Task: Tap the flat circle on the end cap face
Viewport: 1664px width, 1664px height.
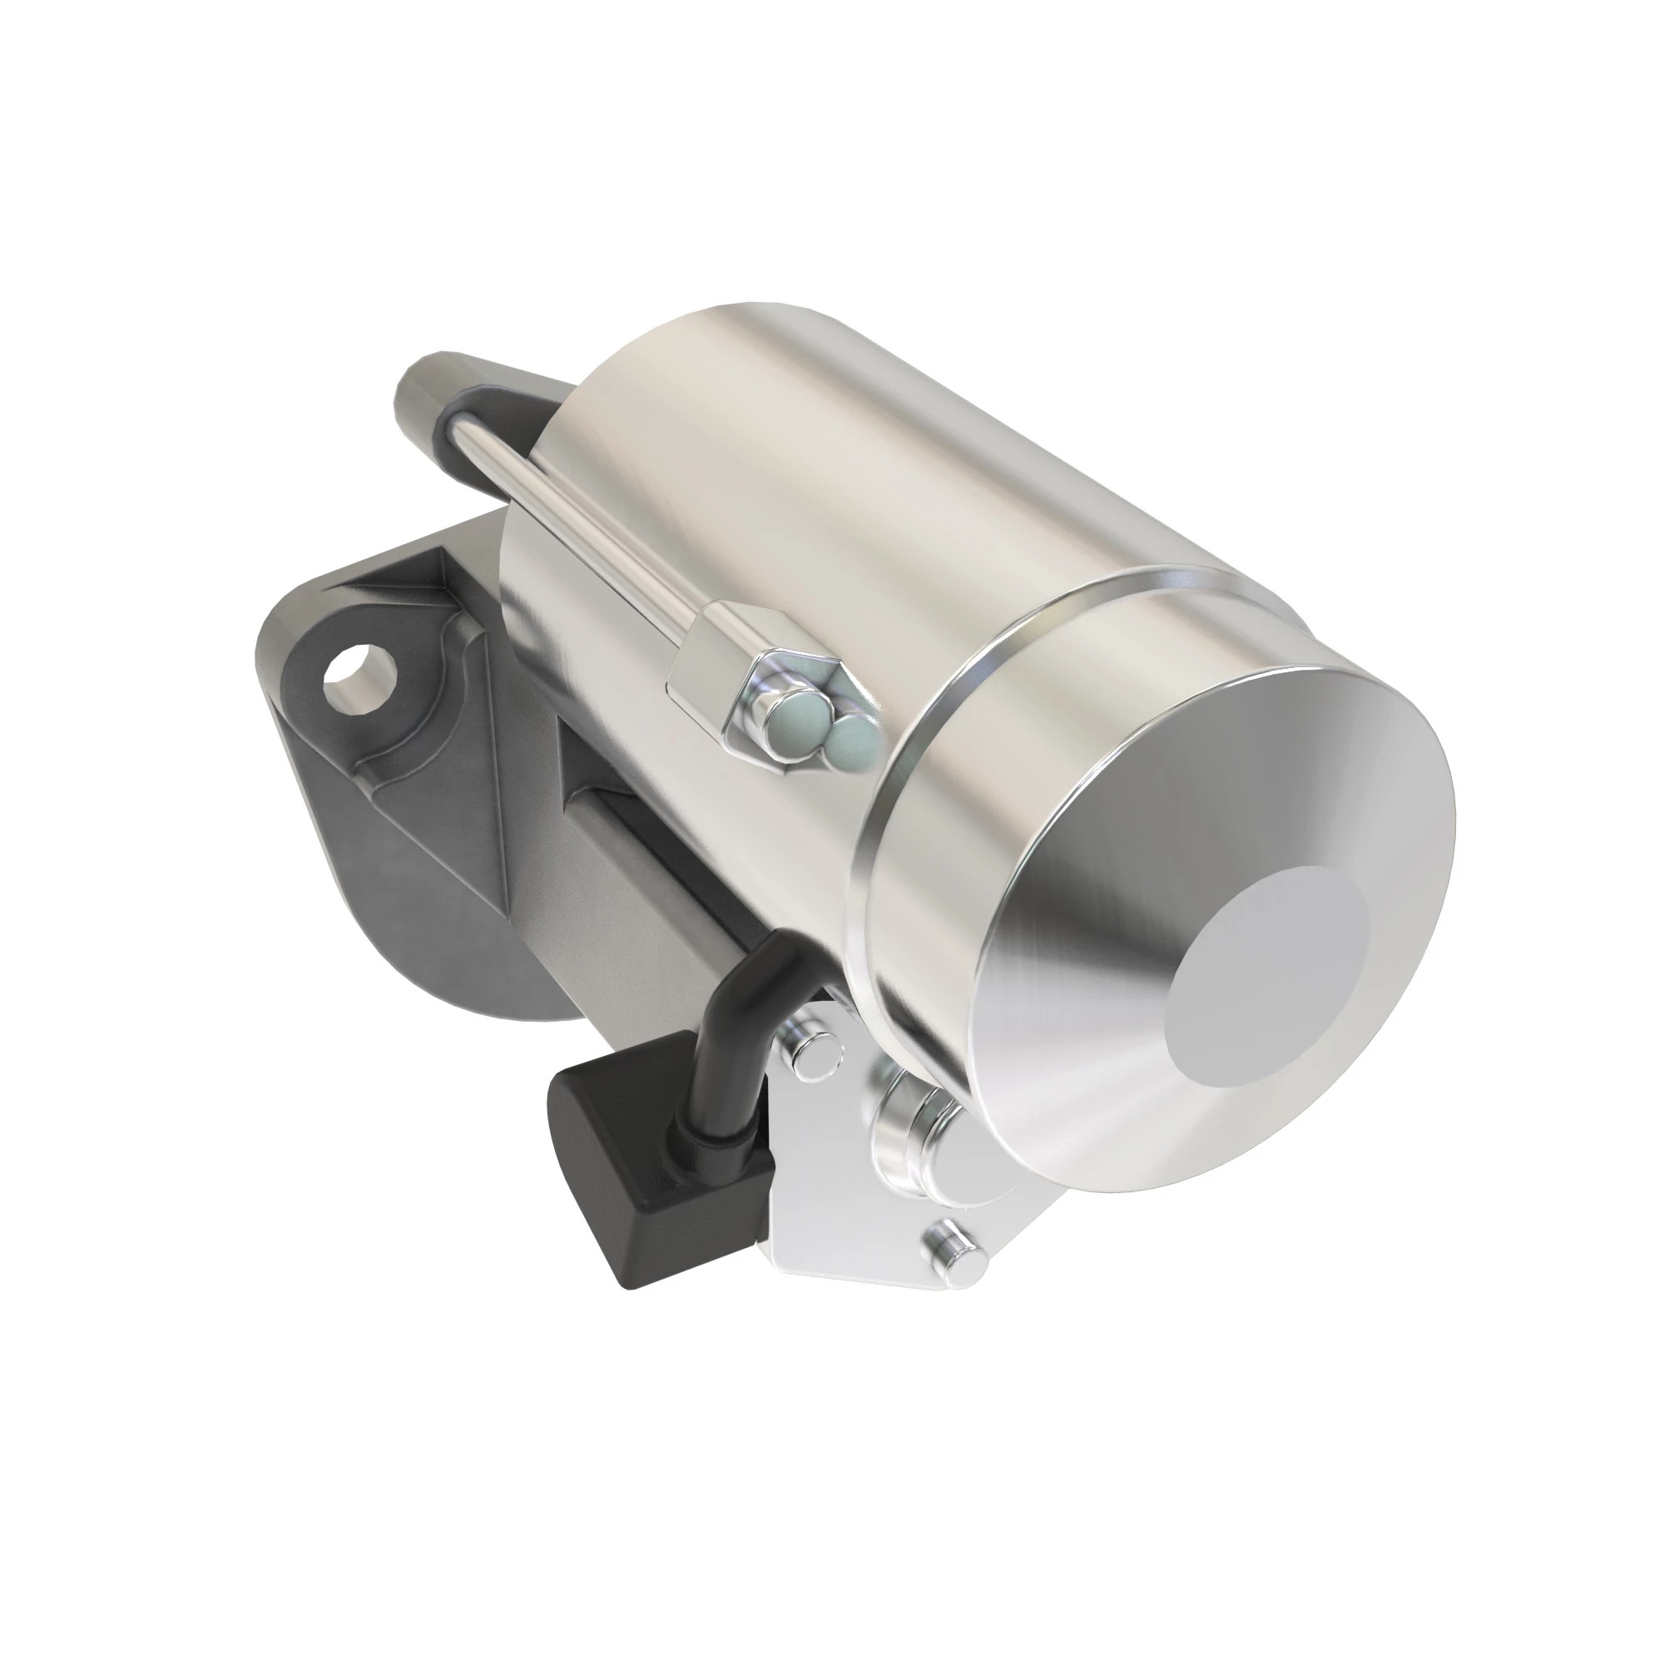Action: click(x=1268, y=978)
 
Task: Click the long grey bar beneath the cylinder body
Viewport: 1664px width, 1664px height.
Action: click(x=655, y=861)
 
